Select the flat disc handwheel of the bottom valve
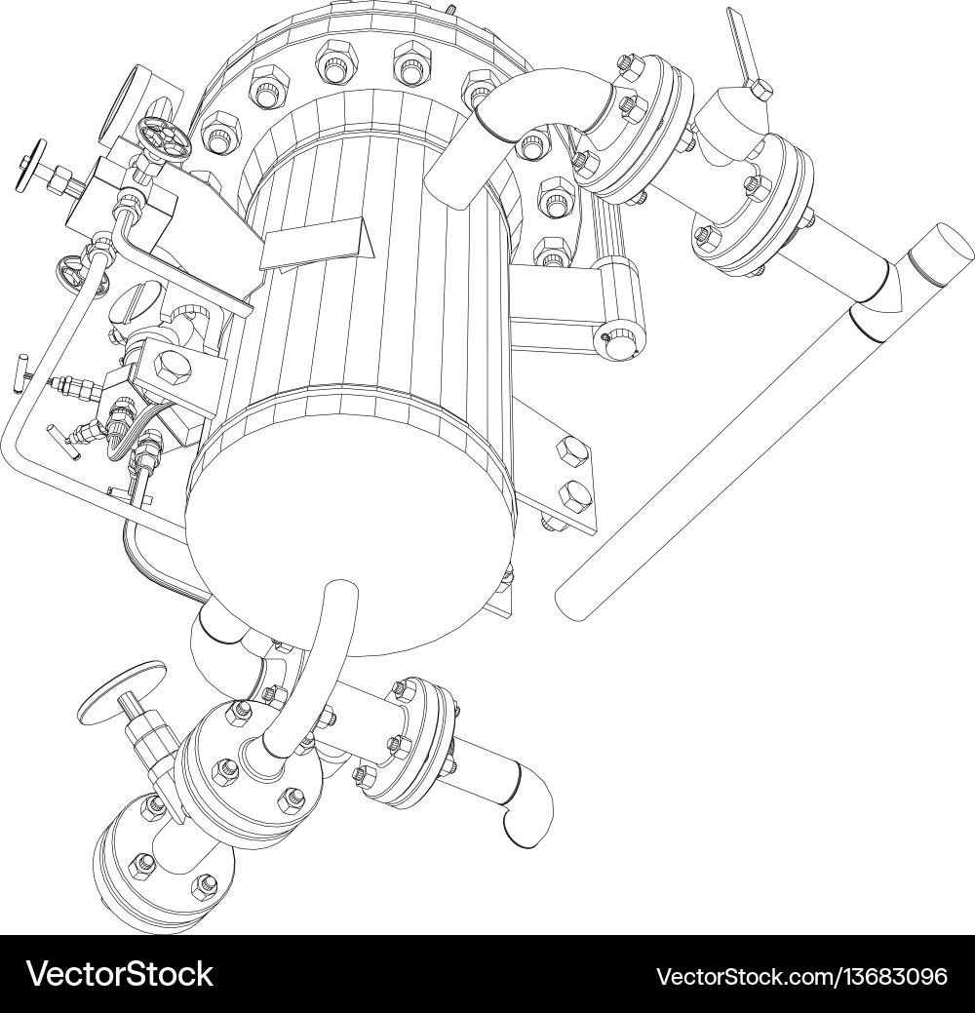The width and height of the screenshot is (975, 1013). coord(122,688)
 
